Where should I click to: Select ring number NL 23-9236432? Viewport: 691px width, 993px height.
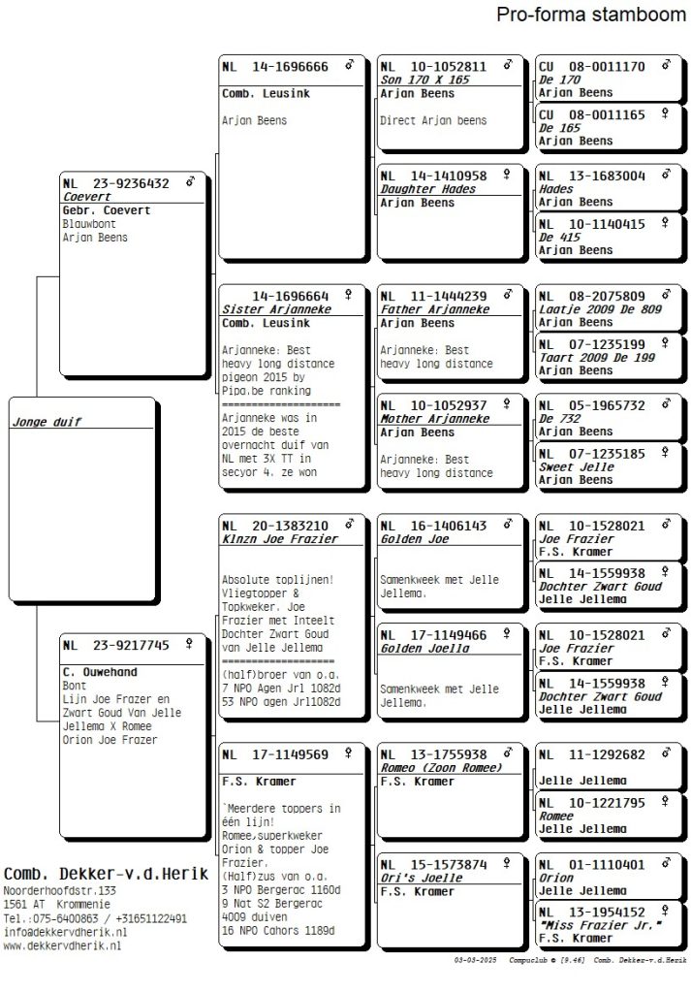coord(115,182)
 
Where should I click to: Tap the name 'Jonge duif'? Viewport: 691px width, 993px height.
coord(47,422)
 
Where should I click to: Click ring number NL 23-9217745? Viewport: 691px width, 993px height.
coord(115,644)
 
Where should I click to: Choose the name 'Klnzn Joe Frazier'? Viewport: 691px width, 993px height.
coord(280,538)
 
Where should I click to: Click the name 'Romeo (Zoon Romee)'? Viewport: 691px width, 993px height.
coord(441,767)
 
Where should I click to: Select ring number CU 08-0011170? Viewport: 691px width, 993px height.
coord(591,67)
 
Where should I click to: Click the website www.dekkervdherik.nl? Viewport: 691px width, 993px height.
coord(62,945)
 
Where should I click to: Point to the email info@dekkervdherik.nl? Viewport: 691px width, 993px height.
coord(65,932)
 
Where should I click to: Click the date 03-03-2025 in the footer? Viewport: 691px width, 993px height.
coord(475,959)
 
